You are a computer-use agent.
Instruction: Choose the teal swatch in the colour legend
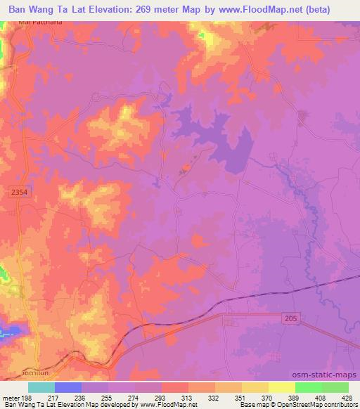(41, 387)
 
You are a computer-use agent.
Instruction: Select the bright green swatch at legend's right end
(335, 387)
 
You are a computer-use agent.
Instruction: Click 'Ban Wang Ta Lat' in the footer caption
(25, 405)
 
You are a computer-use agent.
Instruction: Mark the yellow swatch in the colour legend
(282, 387)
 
